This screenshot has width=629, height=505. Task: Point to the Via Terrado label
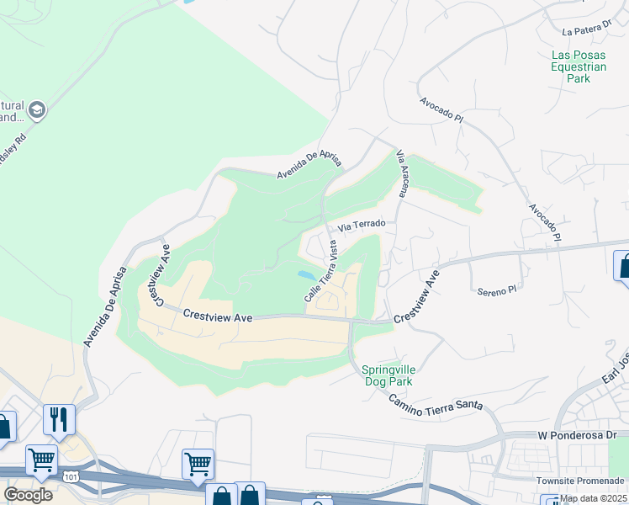(x=362, y=226)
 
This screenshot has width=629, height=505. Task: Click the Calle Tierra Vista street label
(x=321, y=272)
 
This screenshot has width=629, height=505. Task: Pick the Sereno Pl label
(x=496, y=291)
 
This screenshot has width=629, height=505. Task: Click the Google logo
(x=28, y=495)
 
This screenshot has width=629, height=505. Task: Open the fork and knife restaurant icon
(x=59, y=419)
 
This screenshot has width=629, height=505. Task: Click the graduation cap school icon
(x=37, y=109)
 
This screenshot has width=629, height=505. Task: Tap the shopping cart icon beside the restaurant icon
(x=41, y=460)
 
